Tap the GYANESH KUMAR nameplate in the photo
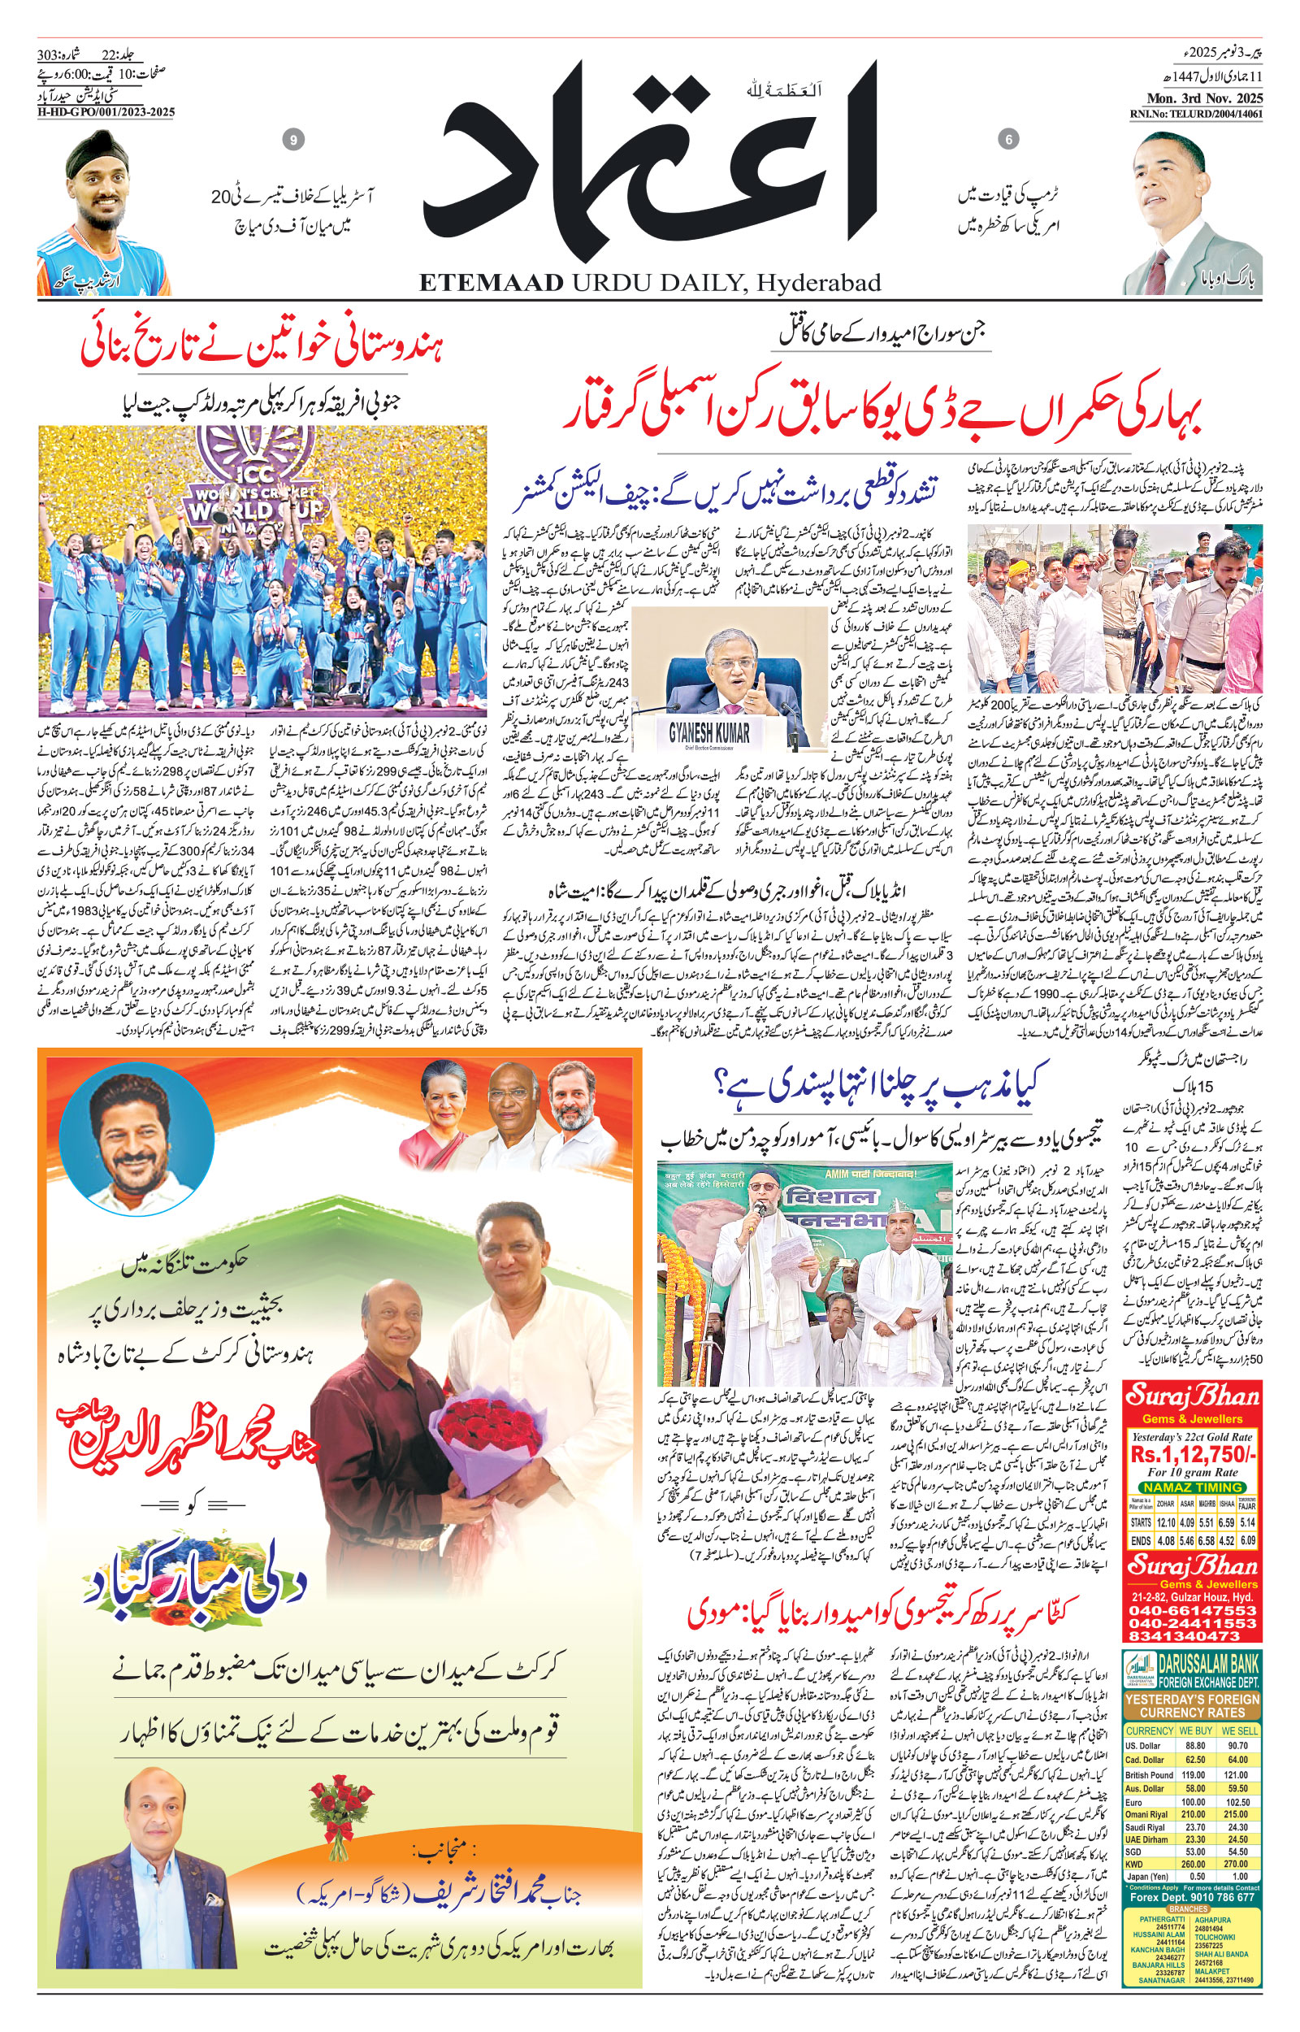tap(709, 731)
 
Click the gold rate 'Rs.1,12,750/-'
tap(1194, 1455)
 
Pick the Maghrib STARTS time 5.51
tap(1207, 1523)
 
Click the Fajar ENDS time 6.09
tap(1249, 1541)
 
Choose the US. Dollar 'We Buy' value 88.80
tap(1196, 1746)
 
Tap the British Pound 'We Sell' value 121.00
tap(1237, 1775)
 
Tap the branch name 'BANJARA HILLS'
tap(1159, 1966)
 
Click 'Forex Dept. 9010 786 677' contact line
tap(1193, 1897)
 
